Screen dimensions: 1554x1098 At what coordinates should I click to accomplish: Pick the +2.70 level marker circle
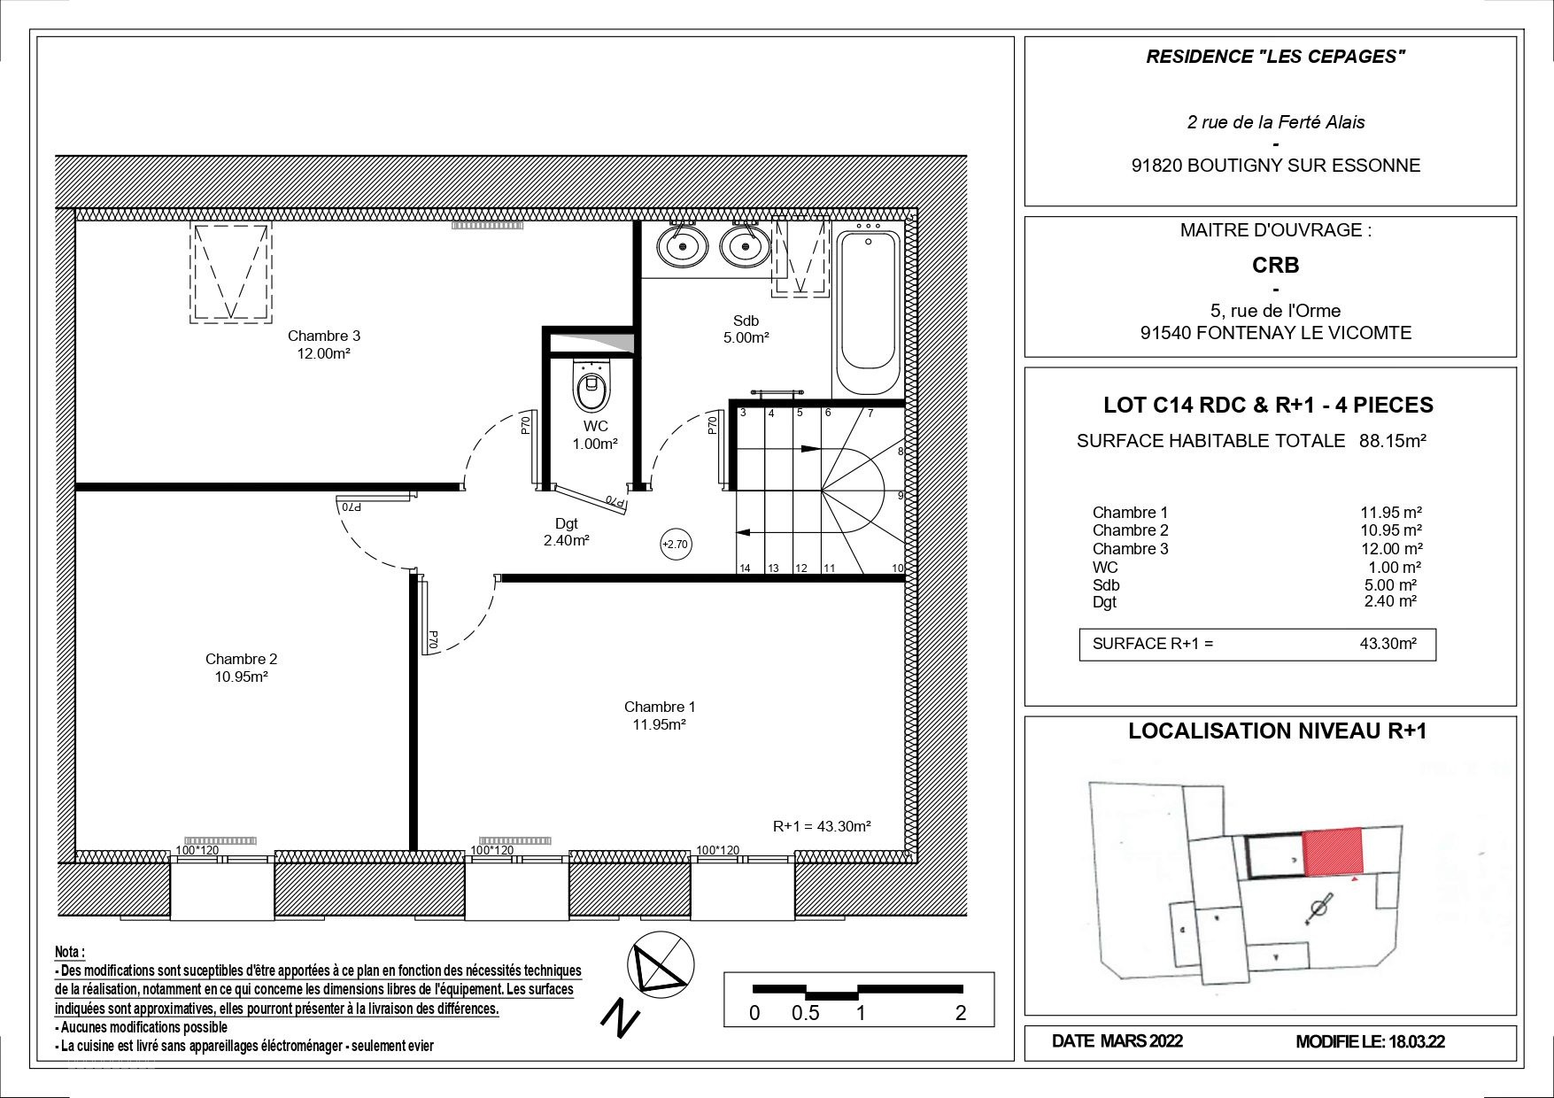676,544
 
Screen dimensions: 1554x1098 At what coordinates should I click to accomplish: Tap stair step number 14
746,568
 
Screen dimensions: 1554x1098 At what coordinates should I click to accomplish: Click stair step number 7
870,414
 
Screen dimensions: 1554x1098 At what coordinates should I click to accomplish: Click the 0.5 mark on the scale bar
805,1013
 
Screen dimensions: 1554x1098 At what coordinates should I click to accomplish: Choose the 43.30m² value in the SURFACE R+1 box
1388,644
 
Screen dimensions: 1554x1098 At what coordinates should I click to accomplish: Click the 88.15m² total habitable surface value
1393,440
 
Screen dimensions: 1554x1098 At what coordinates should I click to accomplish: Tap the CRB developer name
1276,265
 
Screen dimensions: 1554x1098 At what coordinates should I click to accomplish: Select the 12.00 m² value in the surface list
1391,549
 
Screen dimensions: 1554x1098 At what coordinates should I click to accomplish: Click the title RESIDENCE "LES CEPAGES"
1276,58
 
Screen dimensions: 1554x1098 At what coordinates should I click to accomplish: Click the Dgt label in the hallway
567,524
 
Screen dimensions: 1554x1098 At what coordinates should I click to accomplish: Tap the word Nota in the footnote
70,953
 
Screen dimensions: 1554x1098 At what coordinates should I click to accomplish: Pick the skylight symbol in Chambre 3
231,272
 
